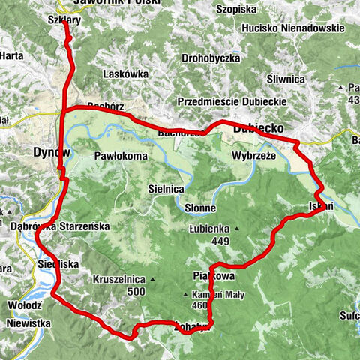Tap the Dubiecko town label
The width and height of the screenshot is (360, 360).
(x=257, y=129)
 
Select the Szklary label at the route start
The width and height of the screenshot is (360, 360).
(x=63, y=21)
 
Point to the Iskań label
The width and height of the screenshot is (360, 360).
(x=319, y=205)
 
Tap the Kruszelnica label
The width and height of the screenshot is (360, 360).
(x=118, y=279)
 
